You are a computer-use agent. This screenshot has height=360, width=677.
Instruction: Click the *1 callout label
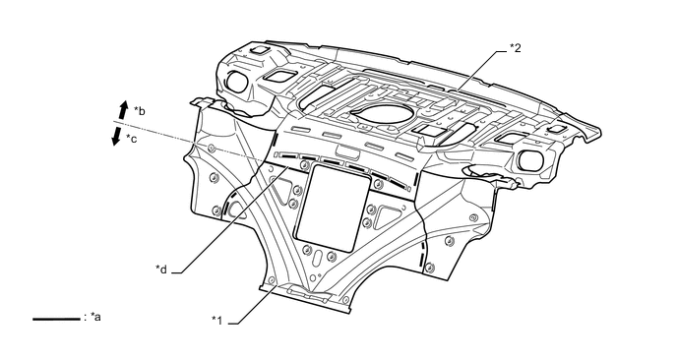pos(217,321)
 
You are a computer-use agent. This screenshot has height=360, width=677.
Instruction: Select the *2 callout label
pos(515,48)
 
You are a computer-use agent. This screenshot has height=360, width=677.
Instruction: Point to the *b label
pos(139,111)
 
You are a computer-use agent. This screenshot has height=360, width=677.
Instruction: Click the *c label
pos(131,139)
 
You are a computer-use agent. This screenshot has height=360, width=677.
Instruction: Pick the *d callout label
pos(161,269)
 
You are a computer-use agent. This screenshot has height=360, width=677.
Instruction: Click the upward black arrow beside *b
pos(123,110)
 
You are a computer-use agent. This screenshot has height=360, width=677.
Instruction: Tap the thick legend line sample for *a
pos(56,320)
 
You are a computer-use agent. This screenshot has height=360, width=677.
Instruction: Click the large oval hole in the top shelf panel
pos(384,112)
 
